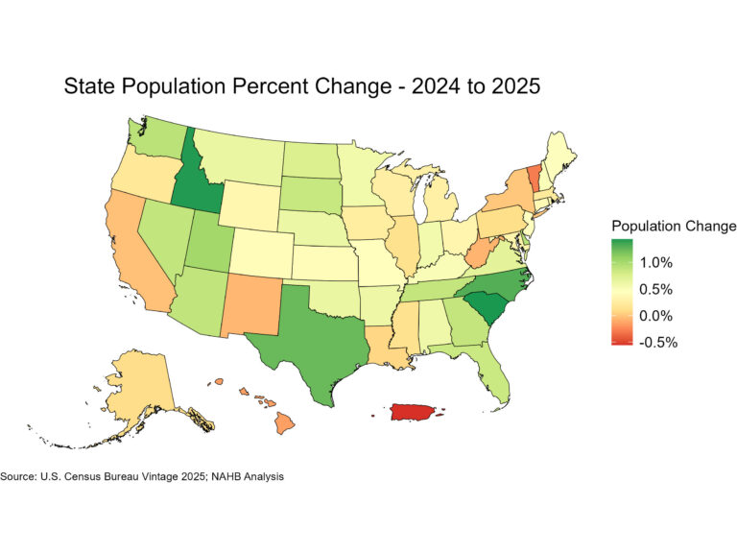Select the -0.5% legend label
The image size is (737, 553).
(x=658, y=343)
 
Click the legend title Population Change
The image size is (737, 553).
(x=674, y=226)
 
